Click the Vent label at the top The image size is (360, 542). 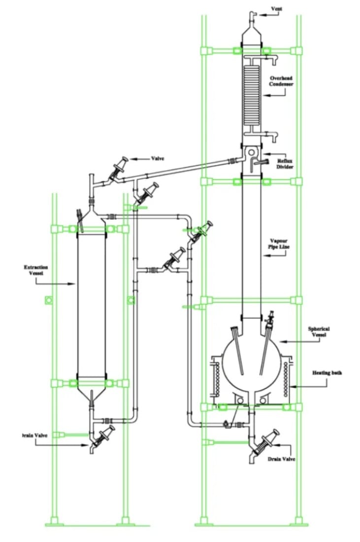[277, 9]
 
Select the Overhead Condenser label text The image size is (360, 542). [281, 81]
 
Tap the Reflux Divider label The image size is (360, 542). [285, 164]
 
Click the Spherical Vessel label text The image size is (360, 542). [319, 332]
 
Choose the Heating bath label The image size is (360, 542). [327, 373]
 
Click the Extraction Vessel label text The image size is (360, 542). [36, 270]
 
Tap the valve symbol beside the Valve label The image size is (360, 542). [119, 169]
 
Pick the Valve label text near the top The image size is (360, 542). [158, 159]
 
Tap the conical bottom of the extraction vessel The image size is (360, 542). [92, 394]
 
